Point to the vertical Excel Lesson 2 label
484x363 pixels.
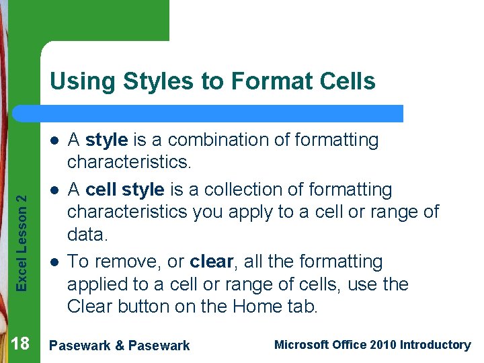pyautogui.click(x=22, y=243)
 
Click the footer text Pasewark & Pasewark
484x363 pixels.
pyautogui.click(x=120, y=346)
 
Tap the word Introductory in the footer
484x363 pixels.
pyautogui.click(x=435, y=345)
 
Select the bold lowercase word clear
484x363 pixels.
pyautogui.click(x=212, y=261)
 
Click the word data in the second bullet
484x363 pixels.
pyautogui.click(x=87, y=235)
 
